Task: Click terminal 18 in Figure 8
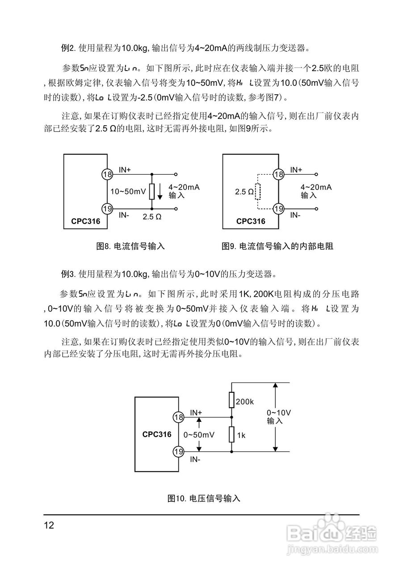(x=107, y=174)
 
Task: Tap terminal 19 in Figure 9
(x=279, y=208)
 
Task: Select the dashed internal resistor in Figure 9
(x=257, y=192)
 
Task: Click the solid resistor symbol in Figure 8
(x=152, y=191)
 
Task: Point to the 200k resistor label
(x=245, y=402)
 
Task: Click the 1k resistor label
(x=241, y=435)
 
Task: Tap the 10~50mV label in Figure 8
(x=128, y=191)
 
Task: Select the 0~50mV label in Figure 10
(x=199, y=435)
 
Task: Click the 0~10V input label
(x=279, y=416)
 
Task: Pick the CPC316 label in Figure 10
(x=157, y=434)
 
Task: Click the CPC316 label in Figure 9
(x=251, y=221)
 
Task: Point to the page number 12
(x=49, y=525)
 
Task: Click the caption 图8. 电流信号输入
(x=131, y=246)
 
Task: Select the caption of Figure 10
(x=204, y=498)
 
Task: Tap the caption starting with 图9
(x=278, y=246)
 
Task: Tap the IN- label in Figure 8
(x=124, y=215)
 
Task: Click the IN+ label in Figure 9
(x=296, y=169)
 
